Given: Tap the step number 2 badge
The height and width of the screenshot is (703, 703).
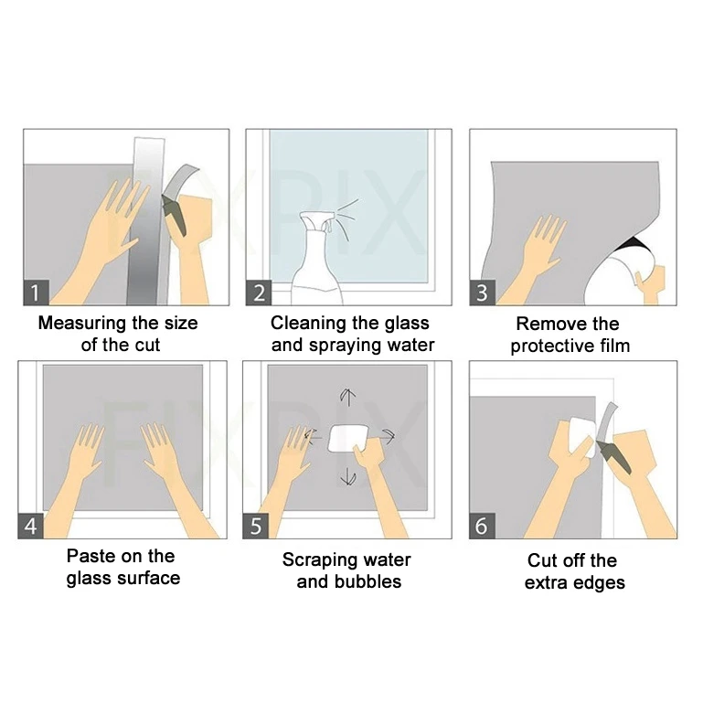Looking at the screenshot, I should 259,293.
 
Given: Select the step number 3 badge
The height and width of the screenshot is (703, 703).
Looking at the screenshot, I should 482,293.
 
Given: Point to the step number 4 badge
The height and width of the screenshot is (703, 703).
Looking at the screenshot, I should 31,527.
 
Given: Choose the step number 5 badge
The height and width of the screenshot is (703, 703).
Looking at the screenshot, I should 255,527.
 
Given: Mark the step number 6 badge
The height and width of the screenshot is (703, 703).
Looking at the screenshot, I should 482,527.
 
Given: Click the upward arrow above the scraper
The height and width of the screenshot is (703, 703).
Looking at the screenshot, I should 347,397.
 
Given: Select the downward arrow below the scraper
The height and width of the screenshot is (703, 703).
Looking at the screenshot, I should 347,476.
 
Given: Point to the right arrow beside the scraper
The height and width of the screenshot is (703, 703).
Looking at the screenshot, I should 388,437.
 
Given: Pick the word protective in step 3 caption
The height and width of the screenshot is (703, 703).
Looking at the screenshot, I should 554,346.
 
